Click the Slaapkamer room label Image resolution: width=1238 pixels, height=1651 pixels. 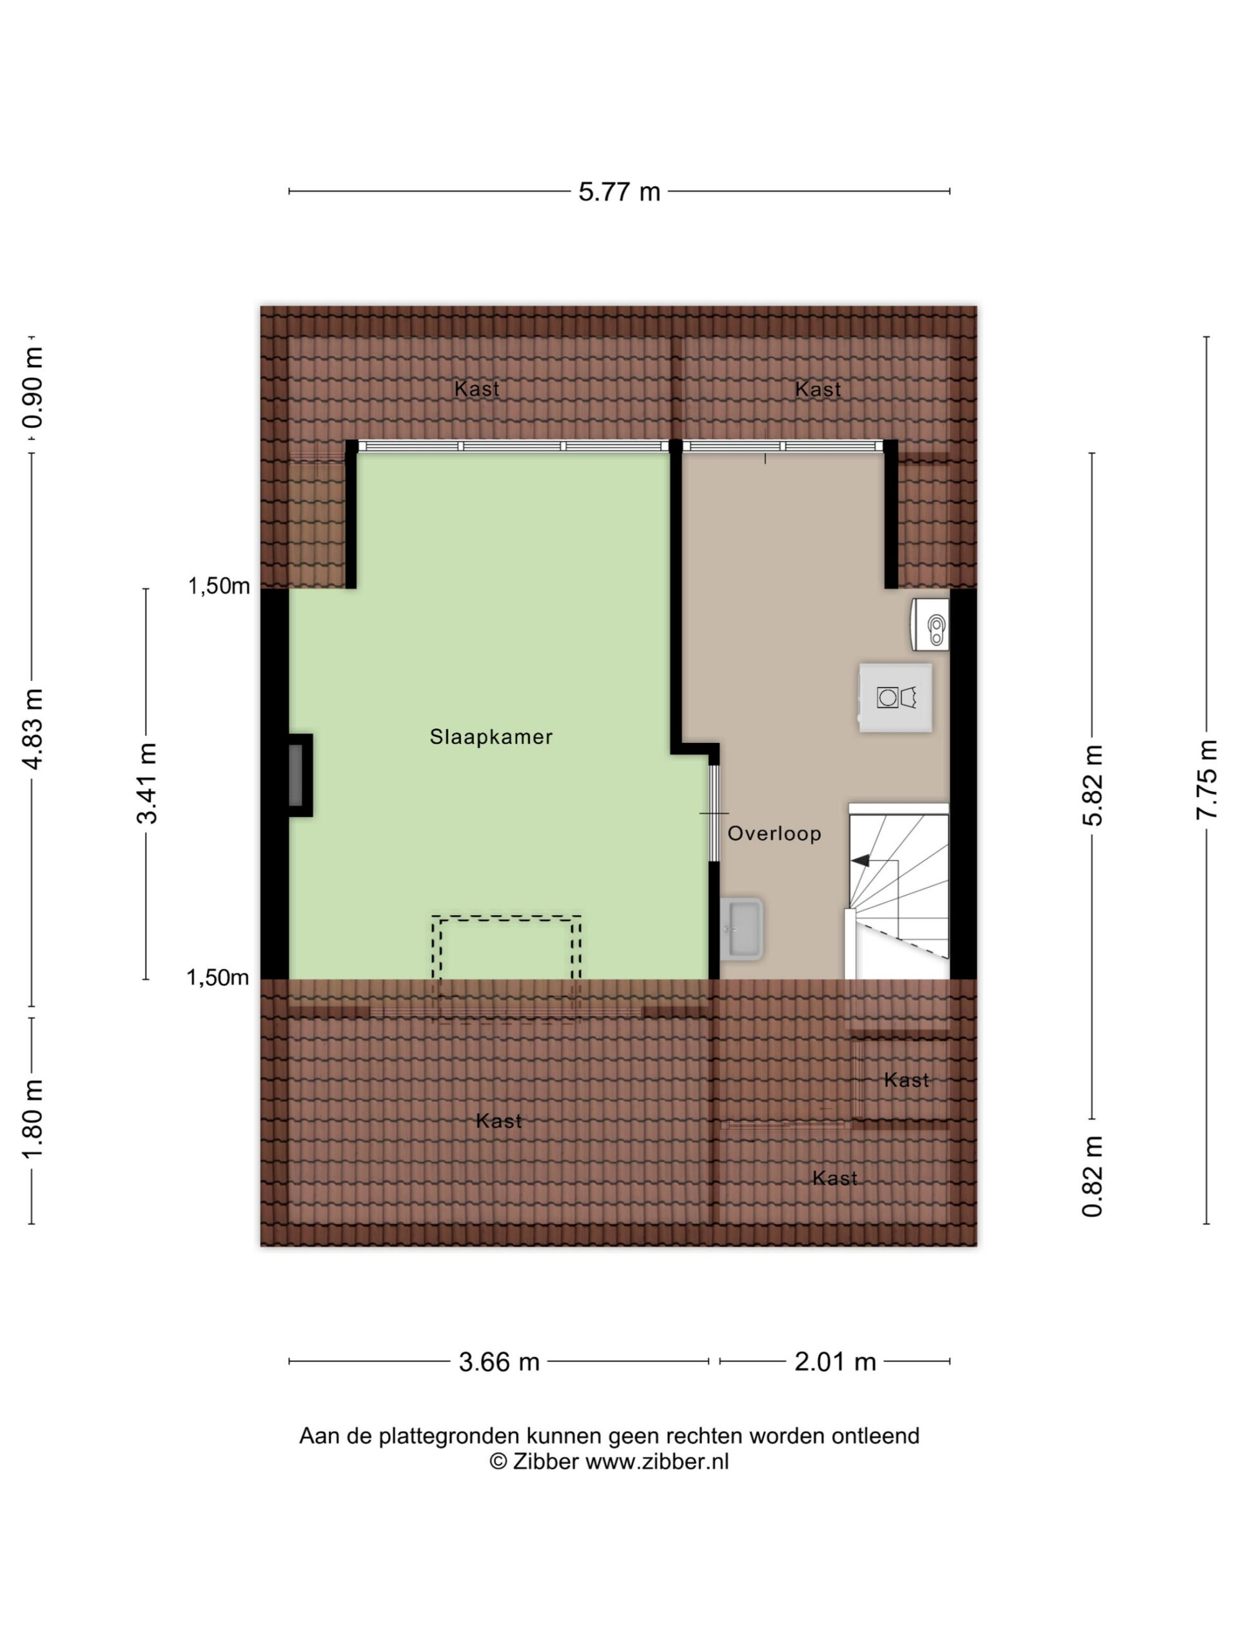pos(491,737)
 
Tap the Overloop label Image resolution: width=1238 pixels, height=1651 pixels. pos(774,834)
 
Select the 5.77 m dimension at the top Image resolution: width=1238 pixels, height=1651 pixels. pos(620,192)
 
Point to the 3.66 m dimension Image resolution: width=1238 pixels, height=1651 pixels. pos(498,1362)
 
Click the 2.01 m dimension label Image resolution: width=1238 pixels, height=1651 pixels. pos(835,1362)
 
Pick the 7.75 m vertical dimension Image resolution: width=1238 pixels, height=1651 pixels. pos(1206,780)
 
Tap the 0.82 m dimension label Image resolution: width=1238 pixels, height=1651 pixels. pos(1092,1177)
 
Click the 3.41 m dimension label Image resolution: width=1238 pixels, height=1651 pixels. pos(146,783)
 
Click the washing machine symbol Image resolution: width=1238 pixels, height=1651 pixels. pos(896,698)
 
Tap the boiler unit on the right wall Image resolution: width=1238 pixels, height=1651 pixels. pos(930,624)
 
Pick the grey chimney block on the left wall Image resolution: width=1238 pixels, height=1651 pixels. pos(296,775)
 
